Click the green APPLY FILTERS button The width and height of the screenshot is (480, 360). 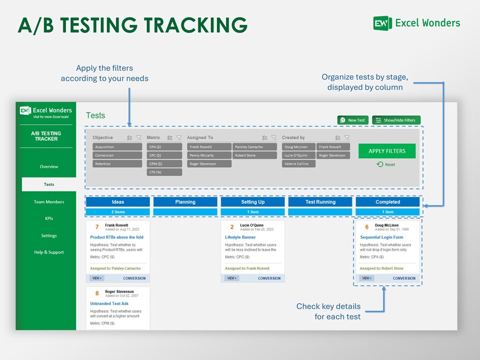pos(387,151)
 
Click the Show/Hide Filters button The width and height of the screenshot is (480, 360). pos(396,120)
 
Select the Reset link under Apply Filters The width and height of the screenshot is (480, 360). pos(386,164)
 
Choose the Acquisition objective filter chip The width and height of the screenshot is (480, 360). pos(117,147)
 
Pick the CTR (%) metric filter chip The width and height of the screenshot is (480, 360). pos(164,172)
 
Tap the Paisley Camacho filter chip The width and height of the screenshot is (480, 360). pos(255,147)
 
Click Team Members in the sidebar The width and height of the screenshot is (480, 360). pos(49,202)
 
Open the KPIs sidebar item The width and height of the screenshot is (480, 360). pos(49,219)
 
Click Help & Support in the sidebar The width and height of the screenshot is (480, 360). pos(49,252)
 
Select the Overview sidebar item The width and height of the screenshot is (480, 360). pos(49,167)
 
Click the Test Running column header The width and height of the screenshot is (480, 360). pos(320,202)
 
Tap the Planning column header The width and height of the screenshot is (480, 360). pos(185,202)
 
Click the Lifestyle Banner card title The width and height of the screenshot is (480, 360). pos(240,237)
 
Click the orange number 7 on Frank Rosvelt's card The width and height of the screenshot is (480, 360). pos(97,227)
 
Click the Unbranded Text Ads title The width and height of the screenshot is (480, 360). pos(110,303)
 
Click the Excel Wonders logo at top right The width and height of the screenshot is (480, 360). pos(417,23)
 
